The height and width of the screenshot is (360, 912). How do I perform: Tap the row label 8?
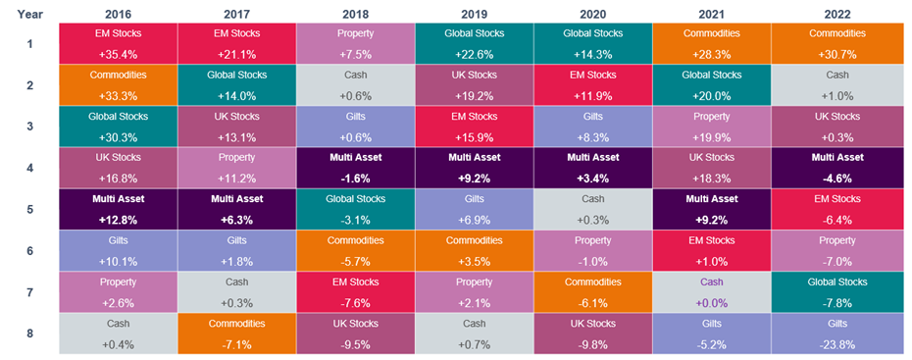29,334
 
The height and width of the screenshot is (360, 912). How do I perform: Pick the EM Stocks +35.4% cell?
119,42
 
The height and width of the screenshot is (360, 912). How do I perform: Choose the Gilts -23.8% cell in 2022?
830,334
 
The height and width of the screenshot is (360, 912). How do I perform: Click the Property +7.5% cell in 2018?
355,42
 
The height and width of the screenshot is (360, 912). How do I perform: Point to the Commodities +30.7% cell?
830,42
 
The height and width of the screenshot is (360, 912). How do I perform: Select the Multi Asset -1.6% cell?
355,168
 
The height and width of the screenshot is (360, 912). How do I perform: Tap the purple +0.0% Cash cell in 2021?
711,291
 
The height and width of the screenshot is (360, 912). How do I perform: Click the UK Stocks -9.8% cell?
592,334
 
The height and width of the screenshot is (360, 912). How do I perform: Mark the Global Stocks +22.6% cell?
474,42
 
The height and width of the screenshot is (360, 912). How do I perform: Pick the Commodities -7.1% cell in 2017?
236,334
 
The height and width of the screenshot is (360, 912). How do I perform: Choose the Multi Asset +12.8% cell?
119,209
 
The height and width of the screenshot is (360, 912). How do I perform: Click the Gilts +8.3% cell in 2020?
592,126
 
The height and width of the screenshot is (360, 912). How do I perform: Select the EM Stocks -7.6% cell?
355,291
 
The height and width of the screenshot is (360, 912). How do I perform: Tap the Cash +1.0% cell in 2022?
830,84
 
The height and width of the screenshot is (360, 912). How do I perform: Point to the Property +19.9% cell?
711,126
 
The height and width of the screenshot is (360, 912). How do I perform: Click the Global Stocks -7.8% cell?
830,291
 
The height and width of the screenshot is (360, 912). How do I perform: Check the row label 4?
29,168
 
